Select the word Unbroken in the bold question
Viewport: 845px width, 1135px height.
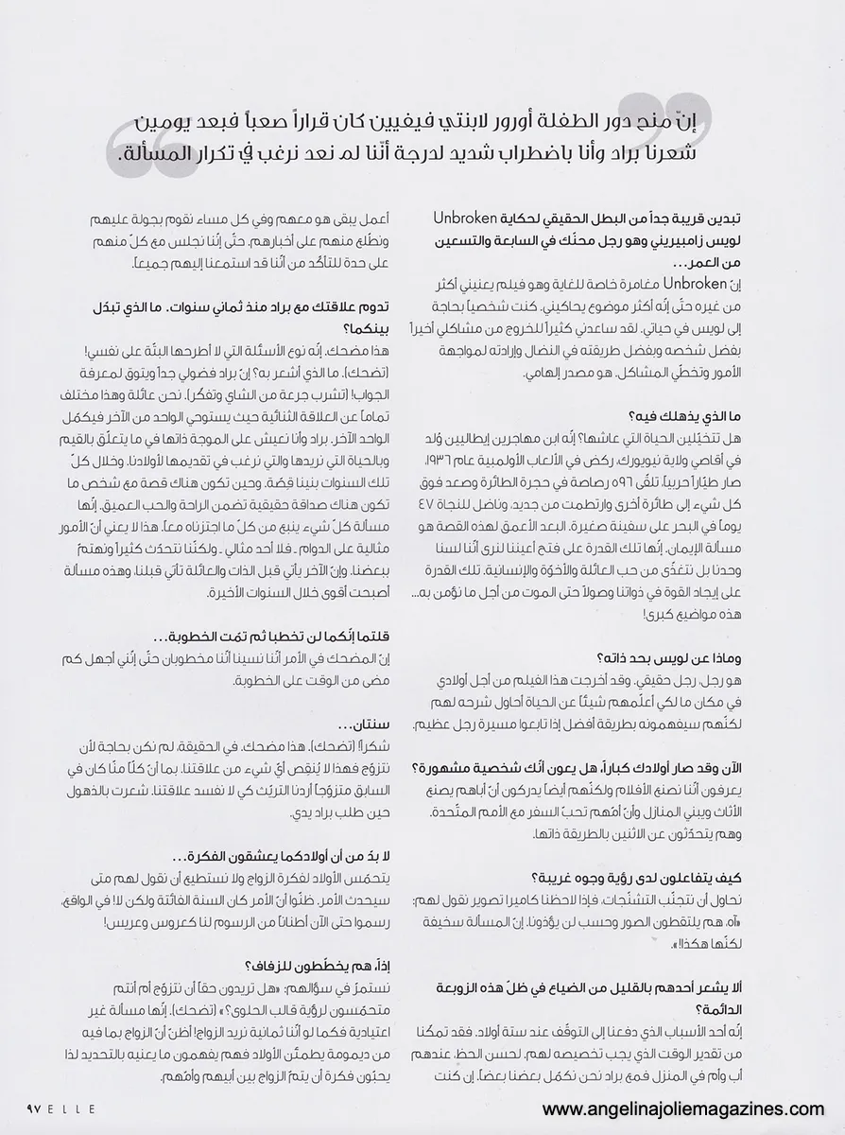click(462, 218)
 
